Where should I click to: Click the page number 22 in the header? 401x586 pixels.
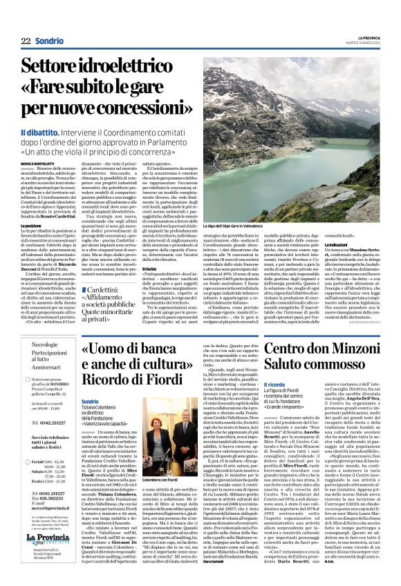click(26, 41)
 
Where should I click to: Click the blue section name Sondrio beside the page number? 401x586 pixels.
click(50, 41)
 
